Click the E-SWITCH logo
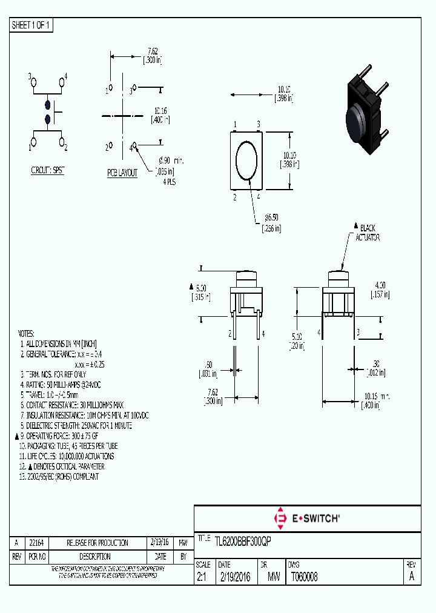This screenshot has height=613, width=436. [x=307, y=518]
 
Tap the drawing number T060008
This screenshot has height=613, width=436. [x=304, y=577]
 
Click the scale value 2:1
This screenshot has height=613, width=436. [x=202, y=577]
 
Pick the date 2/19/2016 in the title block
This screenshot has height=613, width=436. [x=234, y=577]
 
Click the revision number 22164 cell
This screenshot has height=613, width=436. [x=36, y=543]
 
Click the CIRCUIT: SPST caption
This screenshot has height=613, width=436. [x=47, y=171]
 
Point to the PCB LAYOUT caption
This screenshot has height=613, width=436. [x=122, y=173]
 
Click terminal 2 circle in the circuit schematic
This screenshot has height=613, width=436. [x=62, y=142]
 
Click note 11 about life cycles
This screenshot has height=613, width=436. [x=67, y=456]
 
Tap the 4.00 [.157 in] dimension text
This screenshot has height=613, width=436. [x=380, y=289]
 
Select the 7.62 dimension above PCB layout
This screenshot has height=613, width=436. [x=153, y=56]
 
